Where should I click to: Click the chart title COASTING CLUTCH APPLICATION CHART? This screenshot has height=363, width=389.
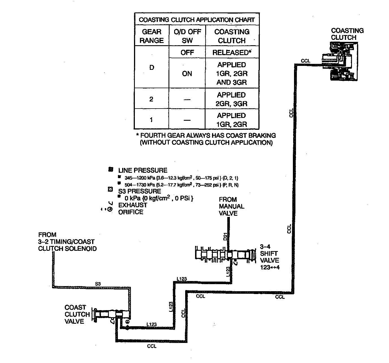pyautogui.click(x=197, y=20)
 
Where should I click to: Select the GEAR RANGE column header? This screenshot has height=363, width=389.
pyautogui.click(x=152, y=36)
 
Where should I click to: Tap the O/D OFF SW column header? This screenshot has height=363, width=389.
pyautogui.click(x=187, y=36)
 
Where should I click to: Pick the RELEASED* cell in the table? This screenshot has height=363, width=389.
pyautogui.click(x=232, y=53)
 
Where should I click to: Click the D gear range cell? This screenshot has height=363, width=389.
pyautogui.click(x=152, y=67)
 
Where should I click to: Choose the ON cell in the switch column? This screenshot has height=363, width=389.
pyautogui.click(x=187, y=74)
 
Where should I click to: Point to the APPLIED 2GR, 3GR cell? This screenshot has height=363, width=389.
pyautogui.click(x=232, y=99)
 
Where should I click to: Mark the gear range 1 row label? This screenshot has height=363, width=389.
pyautogui.click(x=151, y=120)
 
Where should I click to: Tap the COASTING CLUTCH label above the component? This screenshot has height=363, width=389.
pyautogui.click(x=347, y=34)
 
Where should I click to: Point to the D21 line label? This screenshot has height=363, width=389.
pyautogui.click(x=225, y=237)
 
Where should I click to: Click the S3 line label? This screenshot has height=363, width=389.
pyautogui.click(x=98, y=284)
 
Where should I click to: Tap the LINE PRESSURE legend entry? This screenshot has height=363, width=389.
pyautogui.click(x=143, y=170)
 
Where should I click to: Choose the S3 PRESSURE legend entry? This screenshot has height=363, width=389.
pyautogui.click(x=139, y=191)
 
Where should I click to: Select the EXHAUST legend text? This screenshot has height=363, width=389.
pyautogui.click(x=133, y=205)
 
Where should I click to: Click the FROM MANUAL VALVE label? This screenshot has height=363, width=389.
pyautogui.click(x=232, y=206)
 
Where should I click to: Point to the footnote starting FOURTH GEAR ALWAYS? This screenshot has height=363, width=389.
pyautogui.click(x=206, y=139)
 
